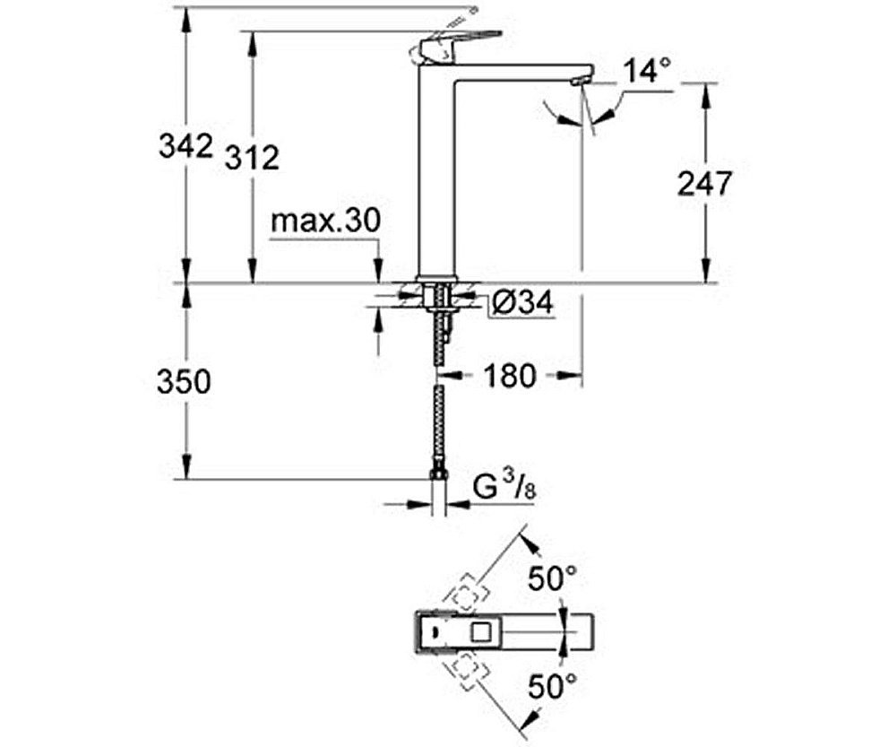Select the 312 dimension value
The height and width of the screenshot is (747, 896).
pyautogui.click(x=252, y=158)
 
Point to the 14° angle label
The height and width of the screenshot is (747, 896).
pyautogui.click(x=647, y=71)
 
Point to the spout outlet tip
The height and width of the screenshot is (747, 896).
pyautogui.click(x=576, y=83)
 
